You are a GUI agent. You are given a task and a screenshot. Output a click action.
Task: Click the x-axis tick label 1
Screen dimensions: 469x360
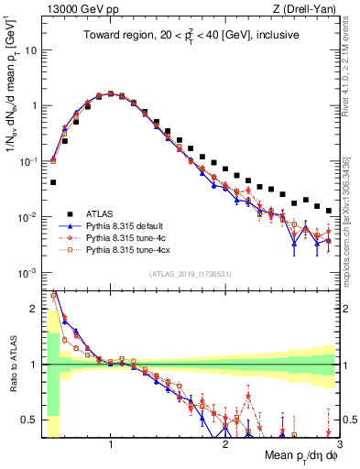[111, 443]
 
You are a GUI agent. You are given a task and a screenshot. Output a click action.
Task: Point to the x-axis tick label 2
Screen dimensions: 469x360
[225, 443]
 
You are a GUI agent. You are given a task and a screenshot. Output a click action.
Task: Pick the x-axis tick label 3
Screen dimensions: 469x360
[338, 443]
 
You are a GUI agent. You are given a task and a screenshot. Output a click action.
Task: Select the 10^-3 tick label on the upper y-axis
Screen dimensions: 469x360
[28, 273]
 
